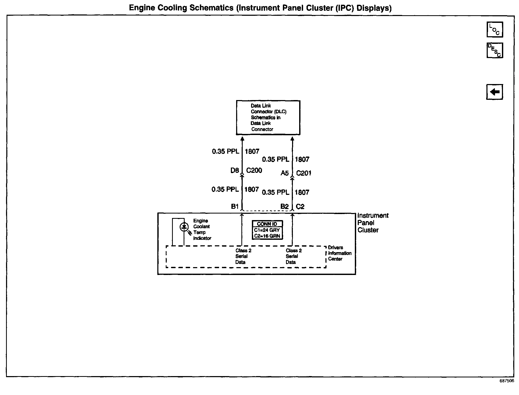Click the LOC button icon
[495, 29]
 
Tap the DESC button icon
[495, 50]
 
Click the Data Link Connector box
[268, 118]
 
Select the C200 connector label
[254, 170]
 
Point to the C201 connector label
[304, 173]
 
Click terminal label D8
[235, 170]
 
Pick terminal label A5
[285, 173]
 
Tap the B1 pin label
[235, 206]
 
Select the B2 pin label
[284, 206]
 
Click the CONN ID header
[267, 224]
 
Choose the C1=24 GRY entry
[267, 230]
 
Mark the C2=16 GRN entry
[267, 236]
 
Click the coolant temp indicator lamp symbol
[184, 227]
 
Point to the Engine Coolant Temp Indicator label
[202, 230]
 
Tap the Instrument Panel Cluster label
[372, 223]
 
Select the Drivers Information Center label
[339, 253]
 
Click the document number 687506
[507, 381]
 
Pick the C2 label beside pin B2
[300, 206]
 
